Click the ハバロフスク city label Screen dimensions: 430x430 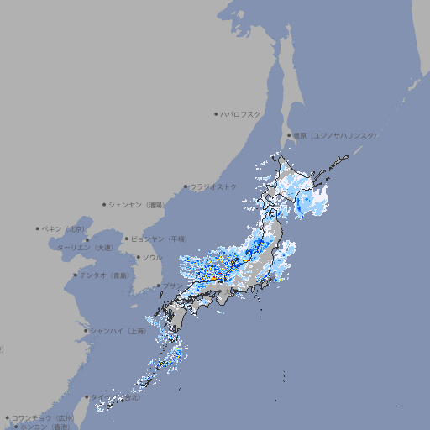tap(240, 113)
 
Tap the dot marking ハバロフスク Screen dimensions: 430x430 tap(216, 113)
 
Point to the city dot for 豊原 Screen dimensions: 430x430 tap(289, 135)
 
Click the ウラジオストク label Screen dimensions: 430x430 tap(213, 186)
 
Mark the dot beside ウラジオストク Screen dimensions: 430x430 tap(186, 186)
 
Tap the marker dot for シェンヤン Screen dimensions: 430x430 tap(105, 204)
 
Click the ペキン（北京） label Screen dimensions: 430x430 tap(65, 228)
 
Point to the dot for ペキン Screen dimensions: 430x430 tap(38, 228)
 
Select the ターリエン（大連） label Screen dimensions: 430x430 tap(84, 248)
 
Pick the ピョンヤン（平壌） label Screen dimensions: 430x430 tap(159, 239)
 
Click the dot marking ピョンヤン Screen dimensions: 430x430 tap(127, 239)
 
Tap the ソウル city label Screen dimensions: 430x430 tap(152, 257)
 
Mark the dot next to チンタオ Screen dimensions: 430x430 tap(75, 275)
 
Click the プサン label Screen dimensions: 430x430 tap(170, 286)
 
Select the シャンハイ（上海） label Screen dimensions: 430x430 tap(118, 331)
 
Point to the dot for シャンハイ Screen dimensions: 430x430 tap(86, 331)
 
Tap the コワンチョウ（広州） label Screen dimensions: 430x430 tap(43, 417)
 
